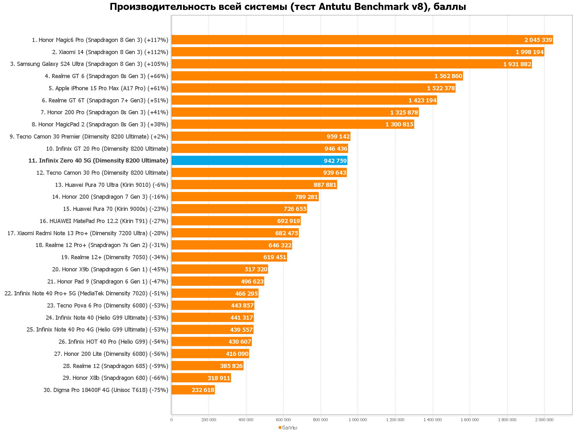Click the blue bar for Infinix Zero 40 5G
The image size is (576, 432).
click(259, 161)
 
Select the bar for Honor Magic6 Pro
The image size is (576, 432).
click(362, 40)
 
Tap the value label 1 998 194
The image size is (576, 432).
click(530, 52)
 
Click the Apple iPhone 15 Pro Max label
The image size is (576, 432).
click(108, 88)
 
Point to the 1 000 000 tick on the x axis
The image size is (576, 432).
click(358, 420)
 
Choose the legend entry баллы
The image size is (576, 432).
click(290, 428)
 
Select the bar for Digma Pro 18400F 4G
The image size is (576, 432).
click(193, 390)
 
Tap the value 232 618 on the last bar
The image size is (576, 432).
click(203, 390)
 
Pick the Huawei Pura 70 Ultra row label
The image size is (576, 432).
click(112, 185)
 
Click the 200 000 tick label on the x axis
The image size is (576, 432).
click(209, 420)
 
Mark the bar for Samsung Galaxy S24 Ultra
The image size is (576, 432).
click(351, 64)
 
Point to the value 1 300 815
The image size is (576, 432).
click(399, 124)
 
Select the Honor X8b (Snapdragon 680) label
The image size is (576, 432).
click(115, 378)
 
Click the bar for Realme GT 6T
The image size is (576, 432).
click(304, 100)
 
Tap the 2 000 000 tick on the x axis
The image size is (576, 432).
click(544, 420)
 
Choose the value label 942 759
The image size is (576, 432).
click(335, 161)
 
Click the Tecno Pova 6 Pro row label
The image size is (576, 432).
click(107, 306)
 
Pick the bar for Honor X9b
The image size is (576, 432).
click(220, 269)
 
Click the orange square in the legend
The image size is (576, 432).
click(280, 428)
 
